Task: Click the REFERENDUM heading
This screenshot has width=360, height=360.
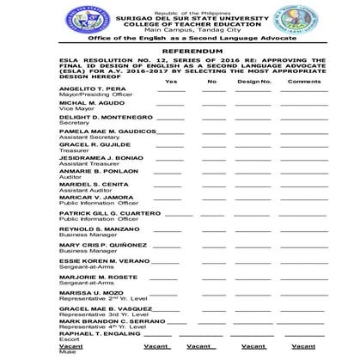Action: (179, 52)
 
